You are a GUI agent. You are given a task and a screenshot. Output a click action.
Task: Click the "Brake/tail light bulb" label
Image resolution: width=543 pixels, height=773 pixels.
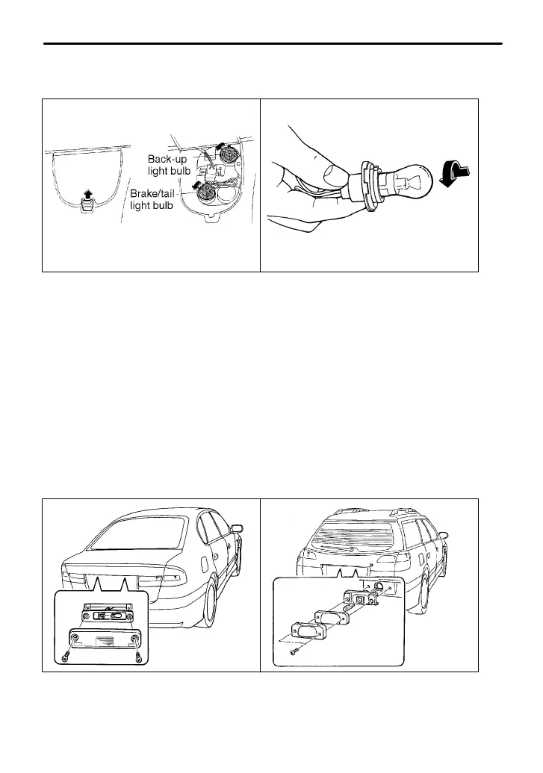point(153,199)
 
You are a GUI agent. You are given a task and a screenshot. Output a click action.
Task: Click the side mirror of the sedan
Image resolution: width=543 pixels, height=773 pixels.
point(237,530)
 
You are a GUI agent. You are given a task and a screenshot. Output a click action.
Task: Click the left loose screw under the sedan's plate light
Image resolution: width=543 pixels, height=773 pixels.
point(64,657)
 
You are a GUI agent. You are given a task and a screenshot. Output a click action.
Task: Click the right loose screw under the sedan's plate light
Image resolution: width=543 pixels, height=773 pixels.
point(140,657)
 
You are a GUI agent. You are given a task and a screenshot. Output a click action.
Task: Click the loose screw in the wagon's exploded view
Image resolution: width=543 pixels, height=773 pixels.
point(294,651)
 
